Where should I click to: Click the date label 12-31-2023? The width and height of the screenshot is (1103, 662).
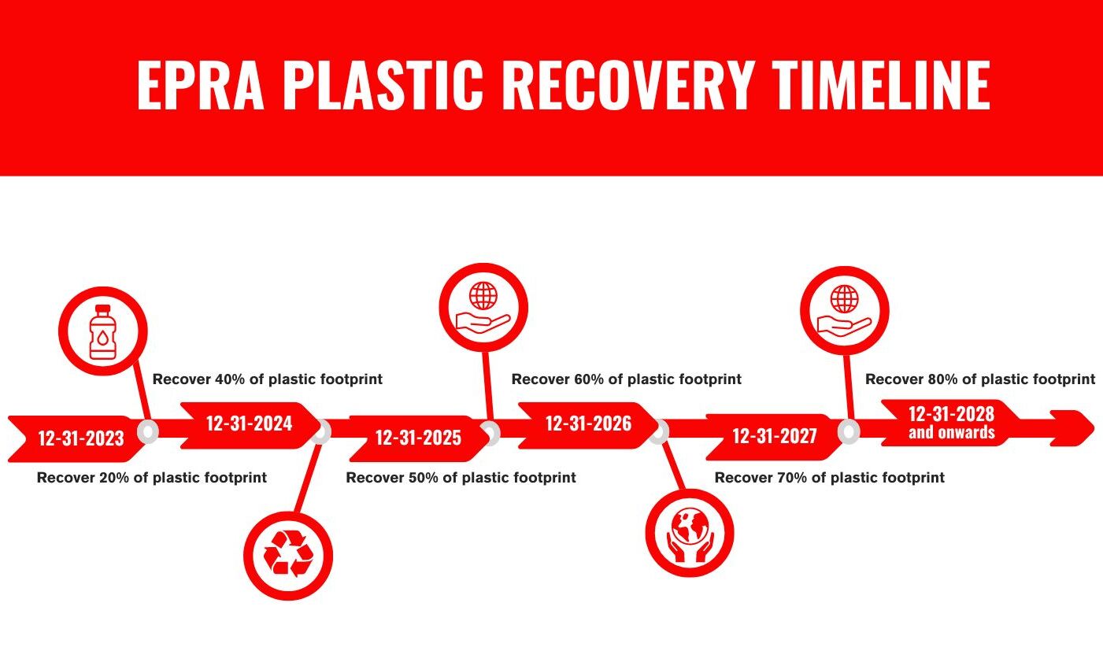(x=80, y=438)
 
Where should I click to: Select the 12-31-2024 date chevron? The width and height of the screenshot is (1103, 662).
(x=249, y=424)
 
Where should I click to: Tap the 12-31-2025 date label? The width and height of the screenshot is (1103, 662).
(x=417, y=438)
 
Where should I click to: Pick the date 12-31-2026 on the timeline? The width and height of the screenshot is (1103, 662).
(x=588, y=424)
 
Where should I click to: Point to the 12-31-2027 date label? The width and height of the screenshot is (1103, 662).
(x=775, y=436)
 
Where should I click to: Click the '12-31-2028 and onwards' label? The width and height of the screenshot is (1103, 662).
(x=951, y=423)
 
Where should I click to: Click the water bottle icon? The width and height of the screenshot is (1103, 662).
(x=103, y=331)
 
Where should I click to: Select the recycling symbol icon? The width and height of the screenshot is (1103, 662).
(x=288, y=555)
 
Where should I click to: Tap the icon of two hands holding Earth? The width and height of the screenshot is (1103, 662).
(x=690, y=533)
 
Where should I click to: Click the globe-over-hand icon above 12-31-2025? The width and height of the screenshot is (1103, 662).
(x=483, y=308)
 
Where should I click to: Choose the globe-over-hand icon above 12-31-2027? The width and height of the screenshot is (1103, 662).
(x=845, y=310)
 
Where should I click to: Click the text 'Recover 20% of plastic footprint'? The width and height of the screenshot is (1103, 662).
(x=152, y=478)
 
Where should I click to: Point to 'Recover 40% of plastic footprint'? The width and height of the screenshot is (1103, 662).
(x=268, y=379)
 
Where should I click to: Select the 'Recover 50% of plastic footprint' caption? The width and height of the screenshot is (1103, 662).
(x=461, y=478)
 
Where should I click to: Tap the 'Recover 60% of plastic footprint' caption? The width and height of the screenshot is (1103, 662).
(x=626, y=379)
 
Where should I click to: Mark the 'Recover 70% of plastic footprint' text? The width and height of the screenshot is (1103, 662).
(x=829, y=478)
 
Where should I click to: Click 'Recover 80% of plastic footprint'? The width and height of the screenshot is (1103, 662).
(x=980, y=379)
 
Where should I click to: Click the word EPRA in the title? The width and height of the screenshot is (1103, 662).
(x=200, y=84)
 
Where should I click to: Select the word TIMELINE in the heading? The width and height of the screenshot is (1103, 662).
(x=880, y=84)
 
